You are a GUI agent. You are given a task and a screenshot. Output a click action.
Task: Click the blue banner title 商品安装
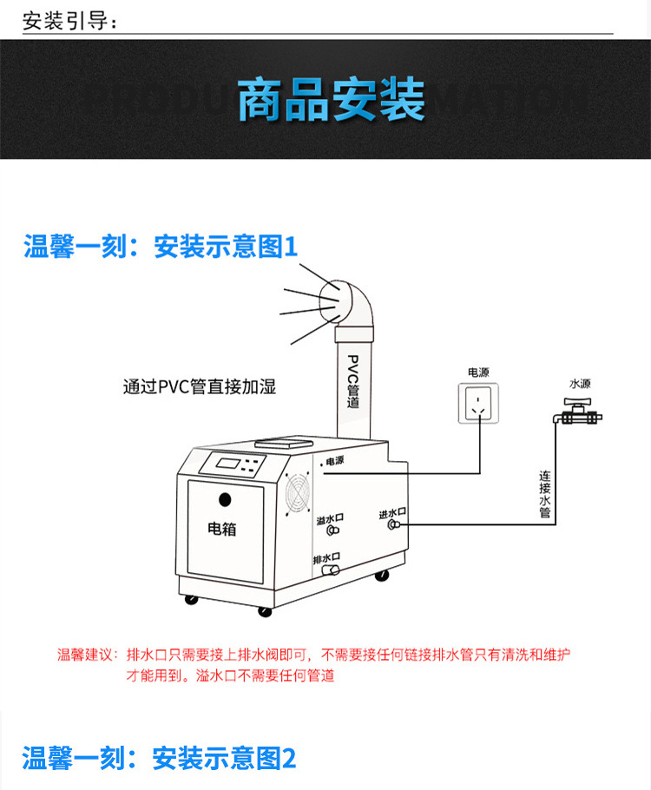point(331,100)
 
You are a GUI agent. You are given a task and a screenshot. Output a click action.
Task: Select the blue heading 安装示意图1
point(226,247)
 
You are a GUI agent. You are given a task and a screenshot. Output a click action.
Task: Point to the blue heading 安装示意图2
point(224,759)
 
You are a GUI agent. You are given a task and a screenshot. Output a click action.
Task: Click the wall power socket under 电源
point(478,402)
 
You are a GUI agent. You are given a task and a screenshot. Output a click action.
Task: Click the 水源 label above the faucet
point(580,383)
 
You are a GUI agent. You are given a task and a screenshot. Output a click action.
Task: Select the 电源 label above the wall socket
point(478,372)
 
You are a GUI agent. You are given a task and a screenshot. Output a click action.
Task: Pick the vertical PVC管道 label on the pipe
point(352,381)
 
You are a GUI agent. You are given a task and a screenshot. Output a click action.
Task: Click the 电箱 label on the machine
point(222,528)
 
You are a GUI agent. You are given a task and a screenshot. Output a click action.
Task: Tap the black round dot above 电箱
point(225,500)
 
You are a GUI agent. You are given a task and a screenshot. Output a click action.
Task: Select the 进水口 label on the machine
point(392,514)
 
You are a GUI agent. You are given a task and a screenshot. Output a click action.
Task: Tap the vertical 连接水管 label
point(545,494)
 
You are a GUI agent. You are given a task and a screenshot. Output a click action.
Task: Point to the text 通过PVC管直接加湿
point(200,387)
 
